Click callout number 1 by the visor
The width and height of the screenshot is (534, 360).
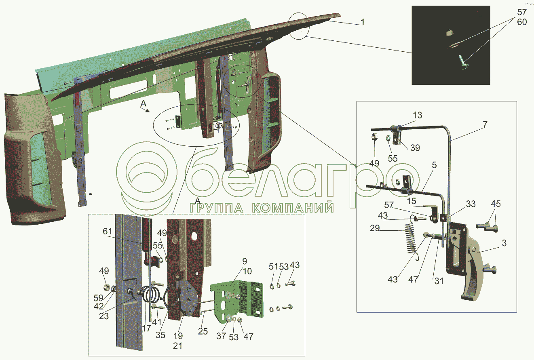coord(363,23)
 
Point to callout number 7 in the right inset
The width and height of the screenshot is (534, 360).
coord(484,125)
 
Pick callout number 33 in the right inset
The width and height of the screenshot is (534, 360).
coord(470,204)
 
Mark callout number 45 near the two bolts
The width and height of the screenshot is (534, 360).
coord(496,204)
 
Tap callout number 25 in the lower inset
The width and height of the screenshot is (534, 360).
coord(203,331)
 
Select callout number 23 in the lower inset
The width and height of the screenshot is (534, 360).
coord(104,316)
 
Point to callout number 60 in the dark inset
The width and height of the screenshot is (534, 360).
coord(521,22)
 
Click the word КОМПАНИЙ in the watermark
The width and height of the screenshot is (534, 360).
coord(293,208)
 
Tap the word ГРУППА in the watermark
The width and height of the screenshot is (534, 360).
coord(217,208)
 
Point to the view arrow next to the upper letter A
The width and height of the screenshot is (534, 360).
coord(148,109)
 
